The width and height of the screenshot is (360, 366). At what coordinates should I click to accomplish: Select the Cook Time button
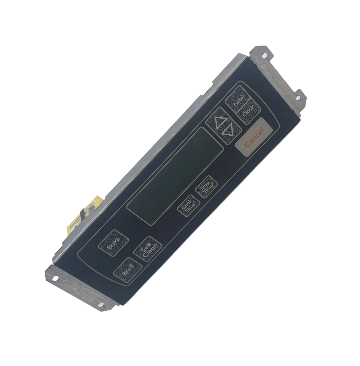point(189,206)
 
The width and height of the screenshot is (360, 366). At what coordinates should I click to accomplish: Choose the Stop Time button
point(207,187)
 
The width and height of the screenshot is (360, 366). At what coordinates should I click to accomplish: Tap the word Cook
point(186,204)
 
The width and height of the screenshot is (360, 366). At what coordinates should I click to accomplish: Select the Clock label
point(248,111)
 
